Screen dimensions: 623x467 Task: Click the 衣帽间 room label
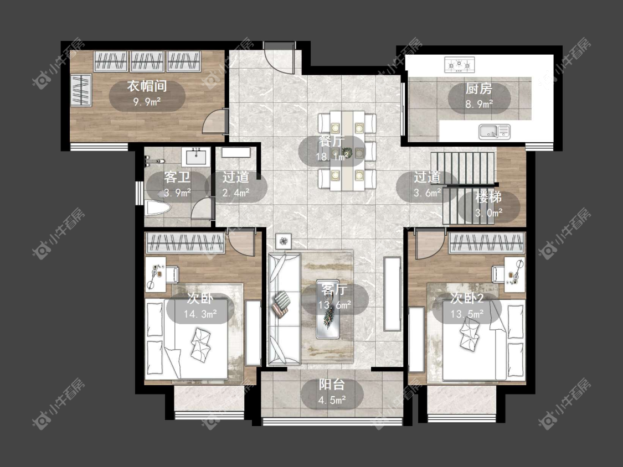147,86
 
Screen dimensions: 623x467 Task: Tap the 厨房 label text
479,89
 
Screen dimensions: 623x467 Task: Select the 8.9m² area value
479,105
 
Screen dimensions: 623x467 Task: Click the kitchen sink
495,132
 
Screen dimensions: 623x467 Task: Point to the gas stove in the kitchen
460,65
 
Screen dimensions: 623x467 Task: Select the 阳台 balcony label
332,385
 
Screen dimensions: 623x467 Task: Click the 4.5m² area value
332,400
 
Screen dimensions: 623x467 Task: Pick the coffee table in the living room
328,309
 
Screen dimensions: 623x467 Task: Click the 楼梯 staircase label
488,197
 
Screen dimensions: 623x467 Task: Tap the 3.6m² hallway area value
427,193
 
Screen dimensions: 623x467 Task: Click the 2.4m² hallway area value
235,193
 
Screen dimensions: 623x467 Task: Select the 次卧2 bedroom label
467,298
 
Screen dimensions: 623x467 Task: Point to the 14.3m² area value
200,314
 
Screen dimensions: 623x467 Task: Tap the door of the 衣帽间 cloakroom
215,121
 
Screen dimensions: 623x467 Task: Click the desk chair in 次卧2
498,274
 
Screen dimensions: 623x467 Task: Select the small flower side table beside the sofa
284,241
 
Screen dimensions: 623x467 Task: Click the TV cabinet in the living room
392,294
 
